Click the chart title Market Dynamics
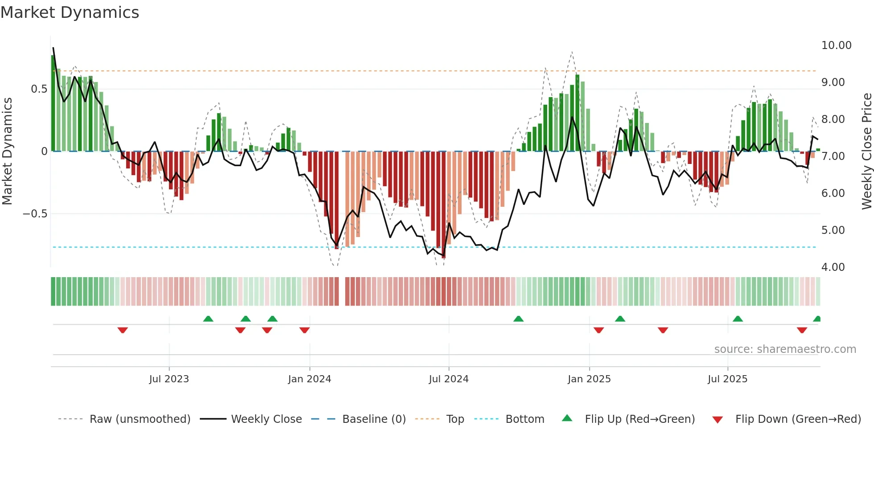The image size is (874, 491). pos(70,12)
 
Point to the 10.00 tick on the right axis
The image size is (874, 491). pos(836,45)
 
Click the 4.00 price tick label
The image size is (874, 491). pos(833,267)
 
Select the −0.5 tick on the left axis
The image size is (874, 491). pos(35,214)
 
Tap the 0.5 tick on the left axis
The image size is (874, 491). pos(39,89)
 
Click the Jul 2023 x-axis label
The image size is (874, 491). pos(169,379)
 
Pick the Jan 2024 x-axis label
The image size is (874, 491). pos(309,379)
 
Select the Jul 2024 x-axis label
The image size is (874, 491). pos(449,379)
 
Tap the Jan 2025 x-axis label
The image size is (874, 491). pos(589,379)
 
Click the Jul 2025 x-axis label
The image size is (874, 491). pos(727,379)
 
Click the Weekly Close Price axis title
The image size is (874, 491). pos(866,151)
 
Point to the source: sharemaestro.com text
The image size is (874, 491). pos(785,349)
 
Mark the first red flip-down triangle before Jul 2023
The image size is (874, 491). pos(123,330)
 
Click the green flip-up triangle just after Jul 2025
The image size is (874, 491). pos(738,319)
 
